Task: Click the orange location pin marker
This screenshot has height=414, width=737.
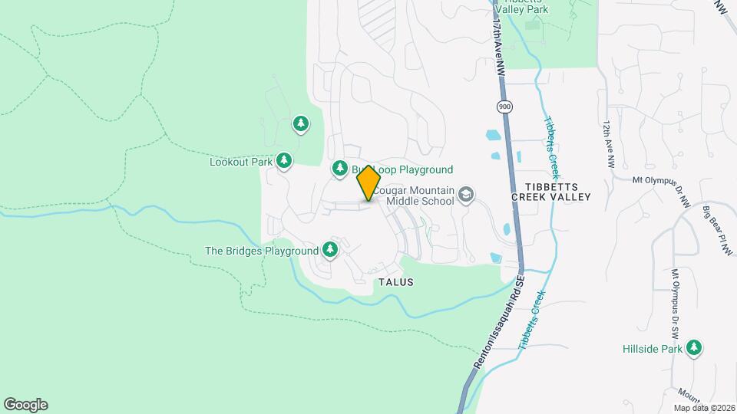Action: click(x=368, y=182)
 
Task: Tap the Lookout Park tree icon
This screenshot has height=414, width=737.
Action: click(x=285, y=160)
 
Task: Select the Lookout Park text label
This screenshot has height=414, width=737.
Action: click(x=241, y=162)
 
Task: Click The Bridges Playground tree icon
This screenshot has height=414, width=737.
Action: click(x=330, y=248)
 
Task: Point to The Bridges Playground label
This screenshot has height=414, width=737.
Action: click(x=261, y=251)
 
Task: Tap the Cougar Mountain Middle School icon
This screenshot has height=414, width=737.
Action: click(x=464, y=195)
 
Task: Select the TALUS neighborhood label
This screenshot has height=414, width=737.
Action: click(x=396, y=282)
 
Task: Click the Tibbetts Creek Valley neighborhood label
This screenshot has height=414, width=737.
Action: click(x=552, y=192)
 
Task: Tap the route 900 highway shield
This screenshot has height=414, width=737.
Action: click(x=504, y=107)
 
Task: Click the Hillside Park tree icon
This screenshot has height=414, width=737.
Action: click(x=694, y=348)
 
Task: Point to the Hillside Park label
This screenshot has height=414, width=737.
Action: click(x=652, y=350)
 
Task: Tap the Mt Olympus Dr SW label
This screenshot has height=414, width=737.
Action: click(x=675, y=304)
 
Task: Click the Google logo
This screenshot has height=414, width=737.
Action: click(x=25, y=405)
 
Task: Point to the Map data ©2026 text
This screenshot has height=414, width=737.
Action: click(x=704, y=408)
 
